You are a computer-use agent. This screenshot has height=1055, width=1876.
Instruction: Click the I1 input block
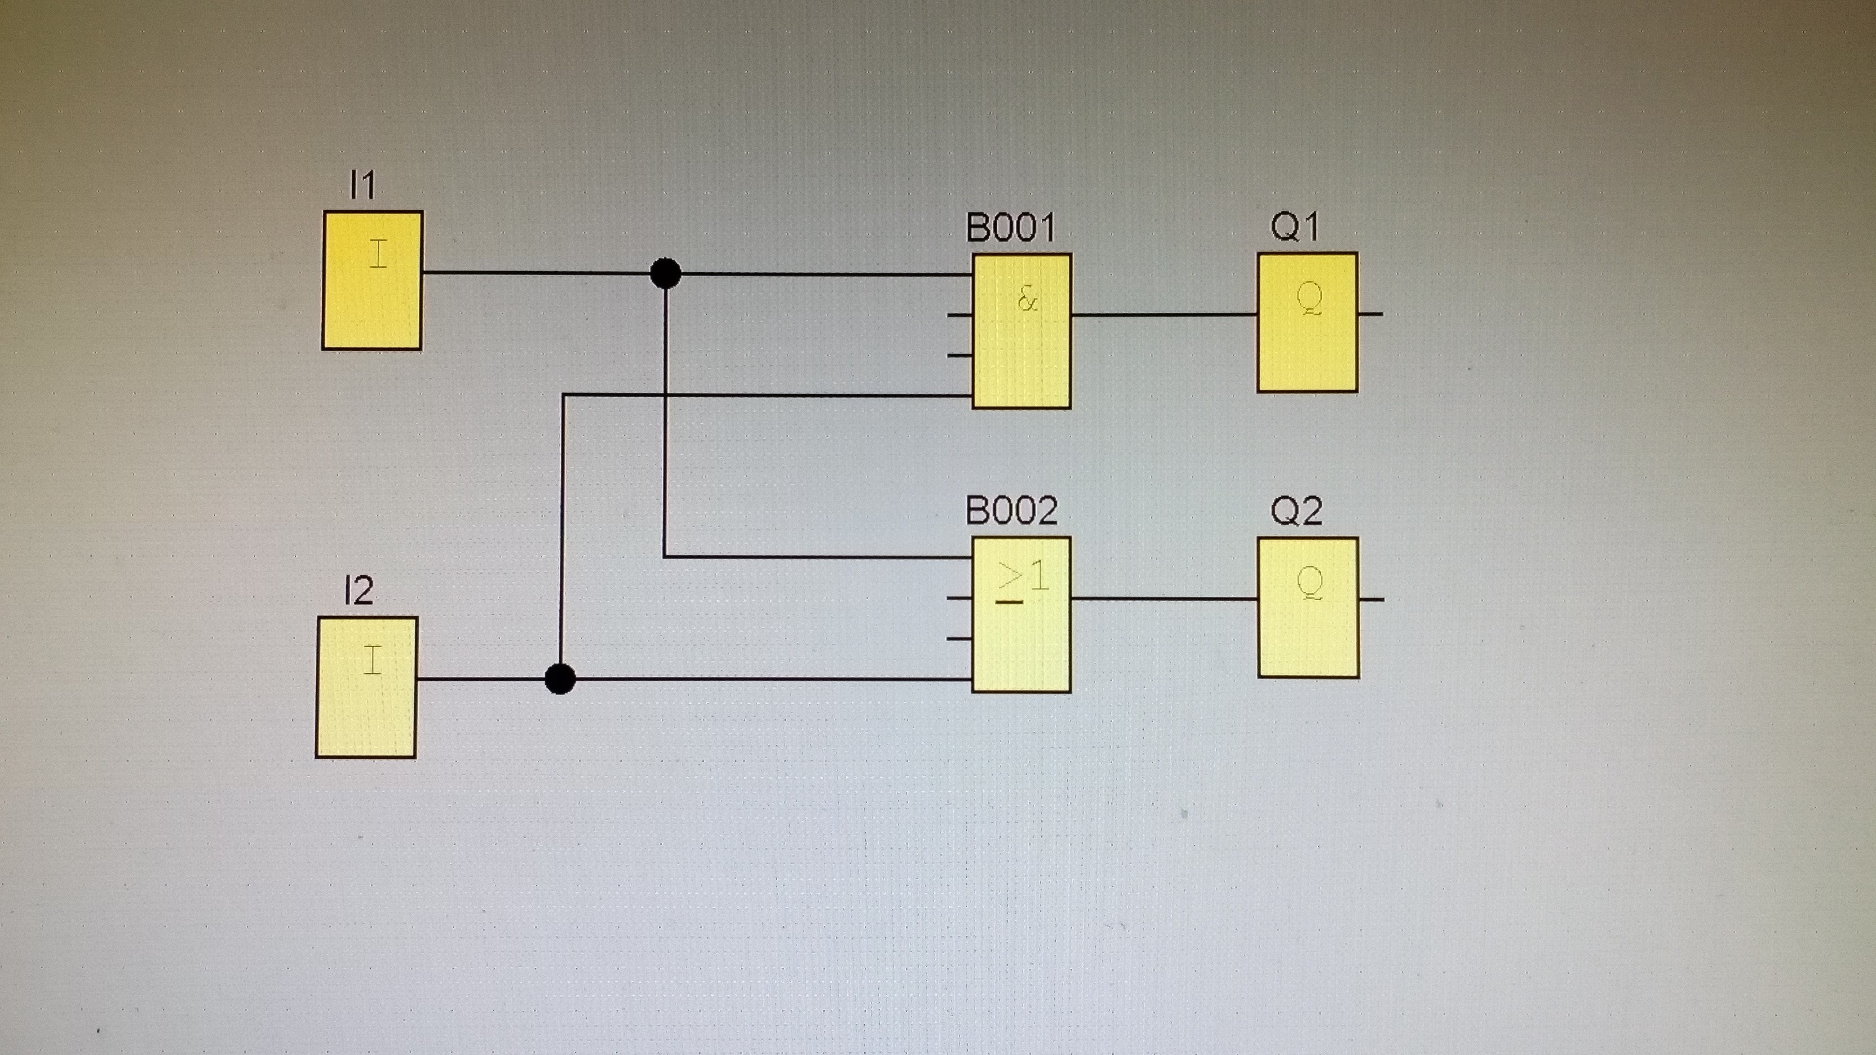372,280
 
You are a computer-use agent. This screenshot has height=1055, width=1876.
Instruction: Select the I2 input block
366,688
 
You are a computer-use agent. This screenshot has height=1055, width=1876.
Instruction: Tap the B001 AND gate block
1022,331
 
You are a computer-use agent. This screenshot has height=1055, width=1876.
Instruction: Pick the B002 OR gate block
1022,614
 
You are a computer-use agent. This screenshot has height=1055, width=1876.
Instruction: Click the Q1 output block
1307,322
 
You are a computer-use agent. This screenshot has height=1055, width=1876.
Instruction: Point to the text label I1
362,184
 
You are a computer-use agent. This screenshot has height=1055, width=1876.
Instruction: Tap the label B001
1010,227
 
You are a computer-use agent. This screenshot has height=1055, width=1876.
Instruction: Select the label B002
1011,511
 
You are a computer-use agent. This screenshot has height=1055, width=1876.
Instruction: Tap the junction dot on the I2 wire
560,679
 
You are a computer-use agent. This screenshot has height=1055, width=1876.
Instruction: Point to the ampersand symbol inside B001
1027,299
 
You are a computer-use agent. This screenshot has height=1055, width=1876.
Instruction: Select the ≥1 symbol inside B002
1023,580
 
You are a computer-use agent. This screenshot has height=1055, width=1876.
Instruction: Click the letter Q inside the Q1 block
1309,299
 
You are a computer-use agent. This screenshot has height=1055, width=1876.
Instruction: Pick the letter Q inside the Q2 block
1310,584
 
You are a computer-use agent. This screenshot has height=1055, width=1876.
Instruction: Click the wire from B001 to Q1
1165,315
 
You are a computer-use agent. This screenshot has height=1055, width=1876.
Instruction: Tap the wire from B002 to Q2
1165,599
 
